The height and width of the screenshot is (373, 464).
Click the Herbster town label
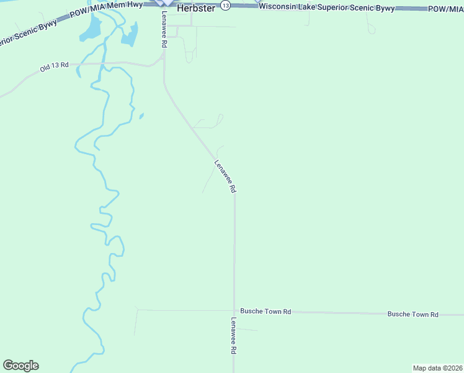[196, 9]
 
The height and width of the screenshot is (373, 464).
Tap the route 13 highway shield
[225, 5]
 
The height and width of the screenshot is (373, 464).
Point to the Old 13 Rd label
[54, 66]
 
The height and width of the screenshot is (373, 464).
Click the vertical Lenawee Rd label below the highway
[164, 30]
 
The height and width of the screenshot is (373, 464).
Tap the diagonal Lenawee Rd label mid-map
[225, 177]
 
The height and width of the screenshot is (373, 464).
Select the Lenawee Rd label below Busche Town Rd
[234, 336]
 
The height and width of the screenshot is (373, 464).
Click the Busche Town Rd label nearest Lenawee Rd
[265, 311]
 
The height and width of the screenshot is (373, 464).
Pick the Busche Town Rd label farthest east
[413, 315]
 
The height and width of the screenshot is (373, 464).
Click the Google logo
[20, 366]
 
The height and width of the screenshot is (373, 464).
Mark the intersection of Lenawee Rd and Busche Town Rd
[234, 311]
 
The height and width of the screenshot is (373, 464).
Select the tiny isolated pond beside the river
[141, 115]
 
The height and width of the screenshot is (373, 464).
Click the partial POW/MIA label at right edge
[445, 9]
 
